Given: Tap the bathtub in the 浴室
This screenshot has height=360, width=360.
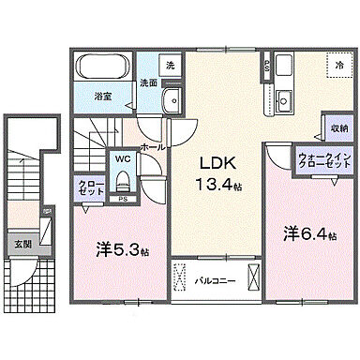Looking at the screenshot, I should click(x=104, y=69).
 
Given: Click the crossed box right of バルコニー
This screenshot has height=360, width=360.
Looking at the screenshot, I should click(x=253, y=279).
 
